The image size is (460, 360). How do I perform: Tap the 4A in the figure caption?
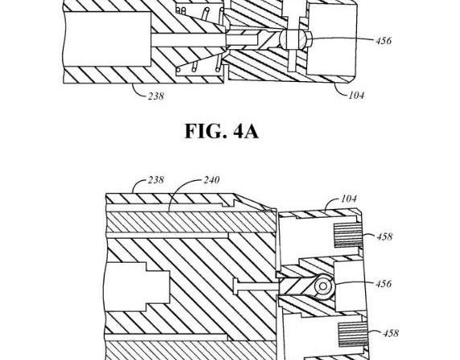tap(246, 131)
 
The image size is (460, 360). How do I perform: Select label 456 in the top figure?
tap(384, 40)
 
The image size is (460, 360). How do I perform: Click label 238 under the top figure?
tap(156, 96)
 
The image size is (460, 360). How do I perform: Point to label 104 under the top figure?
tap(356, 95)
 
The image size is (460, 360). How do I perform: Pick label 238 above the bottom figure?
tap(156, 180)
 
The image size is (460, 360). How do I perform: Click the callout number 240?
tap(212, 180)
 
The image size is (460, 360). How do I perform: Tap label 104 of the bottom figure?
tap(349, 198)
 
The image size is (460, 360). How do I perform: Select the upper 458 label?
tap(384, 236)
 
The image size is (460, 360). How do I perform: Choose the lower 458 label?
tap(391, 333)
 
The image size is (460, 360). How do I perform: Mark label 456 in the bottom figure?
tap(384, 284)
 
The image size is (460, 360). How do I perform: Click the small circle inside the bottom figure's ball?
tap(323, 286)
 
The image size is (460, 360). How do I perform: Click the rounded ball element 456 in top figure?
tap(295, 39)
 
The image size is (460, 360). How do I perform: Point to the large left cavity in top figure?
tap(107, 39)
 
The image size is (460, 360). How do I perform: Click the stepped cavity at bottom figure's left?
tap(138, 287)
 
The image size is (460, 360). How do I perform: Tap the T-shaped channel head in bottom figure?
tap(236, 286)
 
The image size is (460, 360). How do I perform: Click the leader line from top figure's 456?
tap(342, 39)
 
